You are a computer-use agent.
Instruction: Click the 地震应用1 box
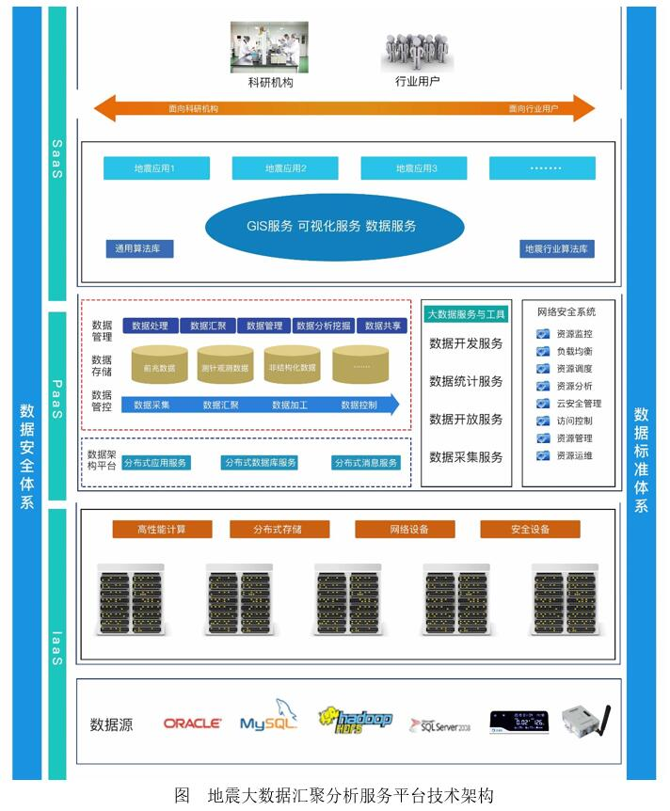[x=155, y=168]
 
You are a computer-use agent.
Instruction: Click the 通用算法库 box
[x=139, y=249]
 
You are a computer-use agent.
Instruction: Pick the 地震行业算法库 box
[x=558, y=249]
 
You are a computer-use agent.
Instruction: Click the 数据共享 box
[x=383, y=326]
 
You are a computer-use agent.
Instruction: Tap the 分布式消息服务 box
[x=366, y=463]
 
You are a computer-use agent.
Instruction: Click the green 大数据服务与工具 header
[x=466, y=313]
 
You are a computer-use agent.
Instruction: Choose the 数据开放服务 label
[x=466, y=419]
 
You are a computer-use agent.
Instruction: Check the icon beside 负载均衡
[x=543, y=351]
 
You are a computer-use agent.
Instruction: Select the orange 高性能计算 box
[x=161, y=530]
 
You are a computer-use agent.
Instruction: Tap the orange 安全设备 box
[x=530, y=530]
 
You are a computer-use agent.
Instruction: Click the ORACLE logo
[x=193, y=724]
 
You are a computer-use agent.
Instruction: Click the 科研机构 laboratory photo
[x=271, y=47]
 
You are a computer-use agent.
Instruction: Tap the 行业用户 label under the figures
[x=417, y=82]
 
